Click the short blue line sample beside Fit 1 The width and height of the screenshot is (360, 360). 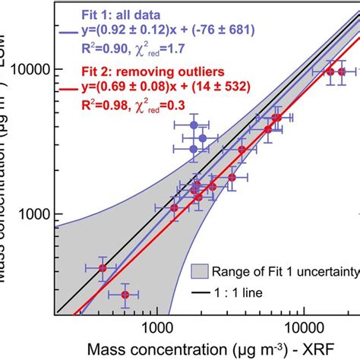coord(66,33)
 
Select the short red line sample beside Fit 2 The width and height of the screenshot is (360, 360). coord(66,90)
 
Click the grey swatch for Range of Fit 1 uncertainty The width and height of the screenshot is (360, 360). coord(198,270)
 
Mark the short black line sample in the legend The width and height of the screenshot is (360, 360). coord(198,292)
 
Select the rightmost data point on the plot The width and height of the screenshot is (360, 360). coord(341,71)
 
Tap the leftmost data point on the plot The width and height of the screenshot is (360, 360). coord(103,268)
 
